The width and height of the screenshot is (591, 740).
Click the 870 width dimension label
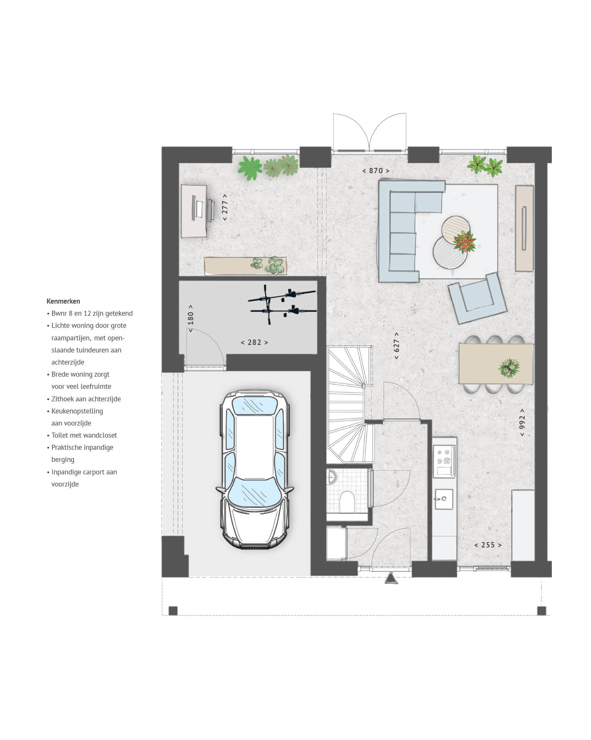click(376, 171)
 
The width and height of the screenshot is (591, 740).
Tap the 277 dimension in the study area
click(225, 208)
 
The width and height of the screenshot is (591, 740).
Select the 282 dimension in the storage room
click(254, 342)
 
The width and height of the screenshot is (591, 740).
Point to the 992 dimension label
click(522, 423)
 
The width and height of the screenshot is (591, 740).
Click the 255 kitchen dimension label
click(488, 545)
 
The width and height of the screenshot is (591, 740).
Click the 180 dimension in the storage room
click(191, 318)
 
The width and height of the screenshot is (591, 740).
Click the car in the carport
click(255, 469)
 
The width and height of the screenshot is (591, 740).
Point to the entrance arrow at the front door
click(391, 578)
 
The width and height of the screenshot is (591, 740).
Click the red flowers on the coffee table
click(465, 242)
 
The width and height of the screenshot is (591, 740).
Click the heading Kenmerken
click(63, 301)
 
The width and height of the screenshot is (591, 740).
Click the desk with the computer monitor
click(194, 211)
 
